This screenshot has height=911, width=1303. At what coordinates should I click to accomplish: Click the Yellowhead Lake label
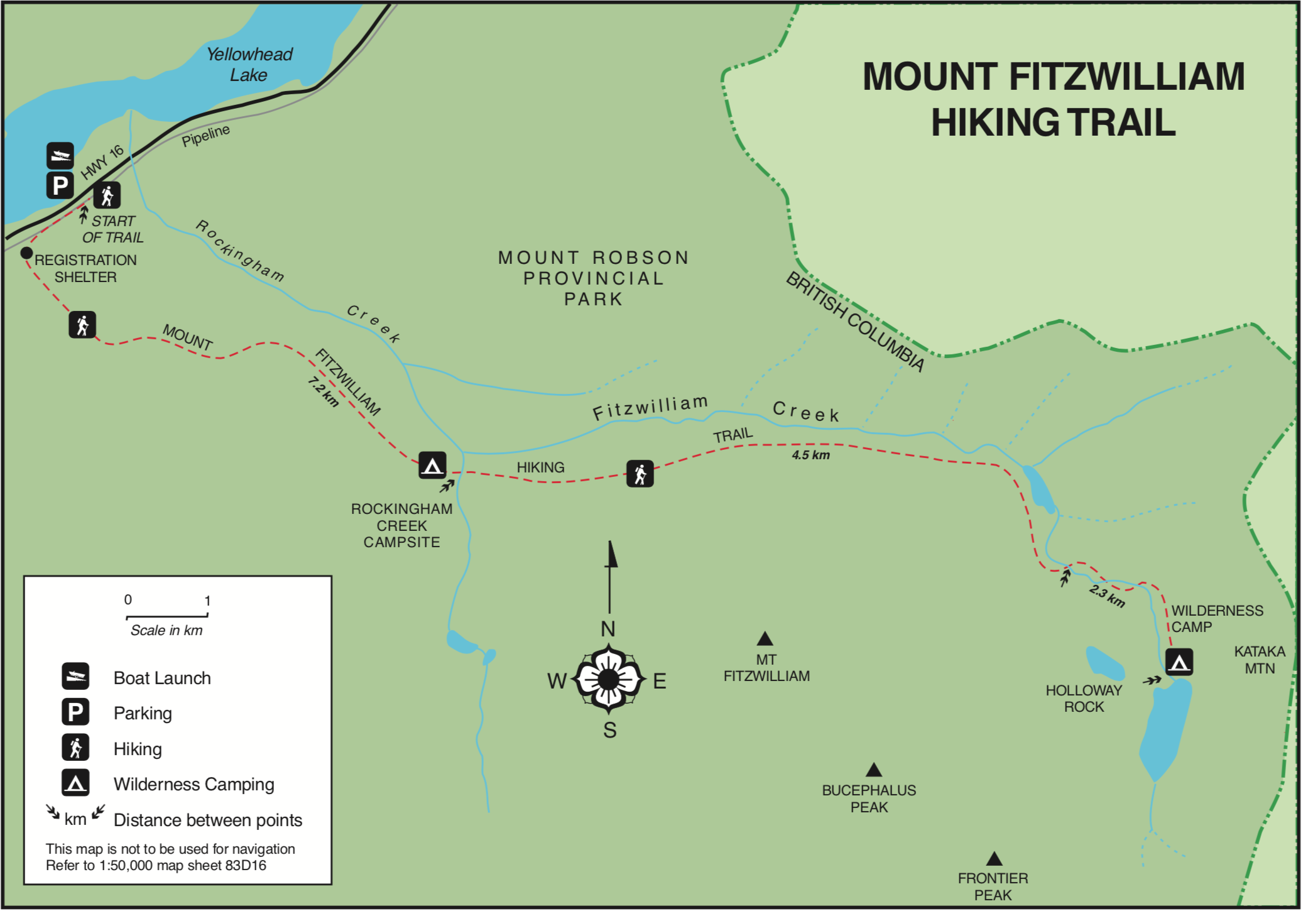coord(249,64)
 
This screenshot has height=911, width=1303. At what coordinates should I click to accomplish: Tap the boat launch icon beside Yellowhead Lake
coord(60,155)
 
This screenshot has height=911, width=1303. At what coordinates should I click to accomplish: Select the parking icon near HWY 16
coord(60,185)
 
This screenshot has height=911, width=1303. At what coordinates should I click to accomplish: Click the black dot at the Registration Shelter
coord(26,253)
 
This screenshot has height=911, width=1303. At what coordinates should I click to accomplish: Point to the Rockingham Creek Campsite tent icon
coord(432,466)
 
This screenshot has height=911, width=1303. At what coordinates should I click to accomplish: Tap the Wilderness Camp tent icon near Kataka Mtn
coord(1179,662)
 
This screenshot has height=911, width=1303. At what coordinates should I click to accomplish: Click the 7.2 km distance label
coord(323,391)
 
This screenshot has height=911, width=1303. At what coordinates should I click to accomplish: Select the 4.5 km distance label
coord(810,455)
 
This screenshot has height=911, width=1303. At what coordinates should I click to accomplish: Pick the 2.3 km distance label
coord(1107,595)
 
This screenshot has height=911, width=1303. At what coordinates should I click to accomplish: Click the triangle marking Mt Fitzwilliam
coord(765,639)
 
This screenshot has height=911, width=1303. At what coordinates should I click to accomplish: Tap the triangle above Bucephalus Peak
coord(873,770)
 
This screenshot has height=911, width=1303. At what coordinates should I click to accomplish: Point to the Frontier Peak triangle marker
coord(994,859)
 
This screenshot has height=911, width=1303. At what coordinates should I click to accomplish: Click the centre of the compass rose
coord(608,679)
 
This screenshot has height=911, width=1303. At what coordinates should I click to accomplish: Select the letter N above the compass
coord(608,629)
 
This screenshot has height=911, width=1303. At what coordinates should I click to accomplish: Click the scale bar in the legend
coord(167,616)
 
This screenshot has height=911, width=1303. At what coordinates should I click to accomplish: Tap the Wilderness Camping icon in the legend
coord(75,783)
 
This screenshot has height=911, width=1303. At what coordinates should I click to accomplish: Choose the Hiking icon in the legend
coord(75,748)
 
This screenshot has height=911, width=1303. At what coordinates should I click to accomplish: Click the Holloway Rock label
coord(1084,699)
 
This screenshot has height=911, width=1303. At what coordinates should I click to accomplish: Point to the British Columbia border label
coord(855,322)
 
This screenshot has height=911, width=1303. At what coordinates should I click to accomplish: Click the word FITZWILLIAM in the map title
coord(1126,77)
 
